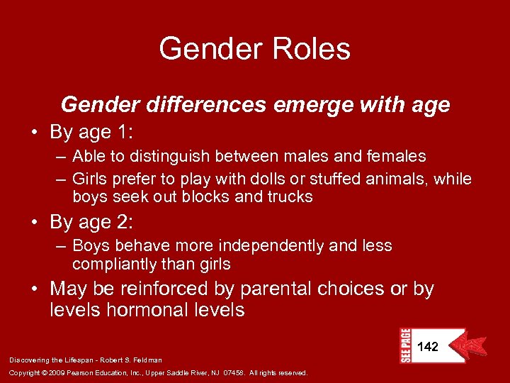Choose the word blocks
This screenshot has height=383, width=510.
[x=209, y=196]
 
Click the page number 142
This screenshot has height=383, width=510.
[x=428, y=346]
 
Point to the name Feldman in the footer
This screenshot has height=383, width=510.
[x=147, y=360]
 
